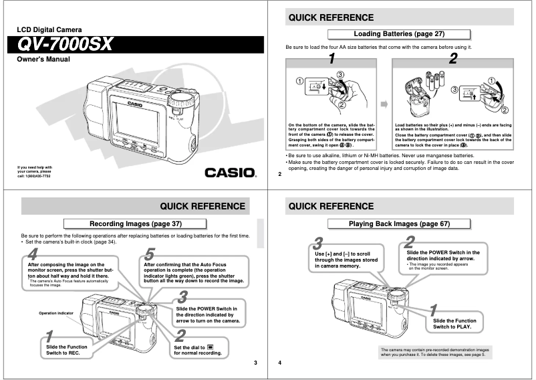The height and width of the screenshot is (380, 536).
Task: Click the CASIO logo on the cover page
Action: (x=231, y=173)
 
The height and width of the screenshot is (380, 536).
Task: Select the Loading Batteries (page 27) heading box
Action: (x=398, y=33)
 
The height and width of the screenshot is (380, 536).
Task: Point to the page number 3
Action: (x=255, y=363)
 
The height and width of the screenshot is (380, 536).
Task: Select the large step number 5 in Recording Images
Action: (x=150, y=254)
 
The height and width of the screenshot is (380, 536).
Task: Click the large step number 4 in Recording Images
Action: (x=34, y=254)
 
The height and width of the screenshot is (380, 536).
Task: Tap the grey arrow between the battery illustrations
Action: (x=384, y=104)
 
